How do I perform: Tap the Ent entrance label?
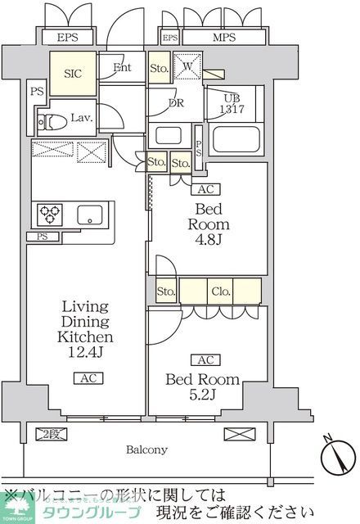pos(123,68)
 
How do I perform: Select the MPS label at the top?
pos(217,38)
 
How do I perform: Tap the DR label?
pos(176,104)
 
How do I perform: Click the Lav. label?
pos(80,117)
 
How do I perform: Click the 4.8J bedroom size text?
pos(209,242)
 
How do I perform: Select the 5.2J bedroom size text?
pos(203,395)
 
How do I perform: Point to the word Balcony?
pos(147,449)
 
